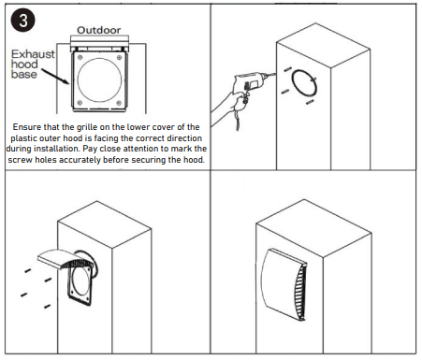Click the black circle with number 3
tap(22, 21)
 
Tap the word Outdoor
tap(98, 30)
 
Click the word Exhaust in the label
tap(33, 54)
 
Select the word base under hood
tap(24, 74)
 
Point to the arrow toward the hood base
tap(55, 77)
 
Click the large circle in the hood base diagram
tap(99, 79)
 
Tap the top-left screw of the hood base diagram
tap(80, 57)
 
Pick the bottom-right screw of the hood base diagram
tap(119, 103)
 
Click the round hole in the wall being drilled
tap(304, 82)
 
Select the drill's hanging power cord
tap(238, 120)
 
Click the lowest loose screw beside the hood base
tap(48, 307)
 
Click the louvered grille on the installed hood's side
tap(300, 293)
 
